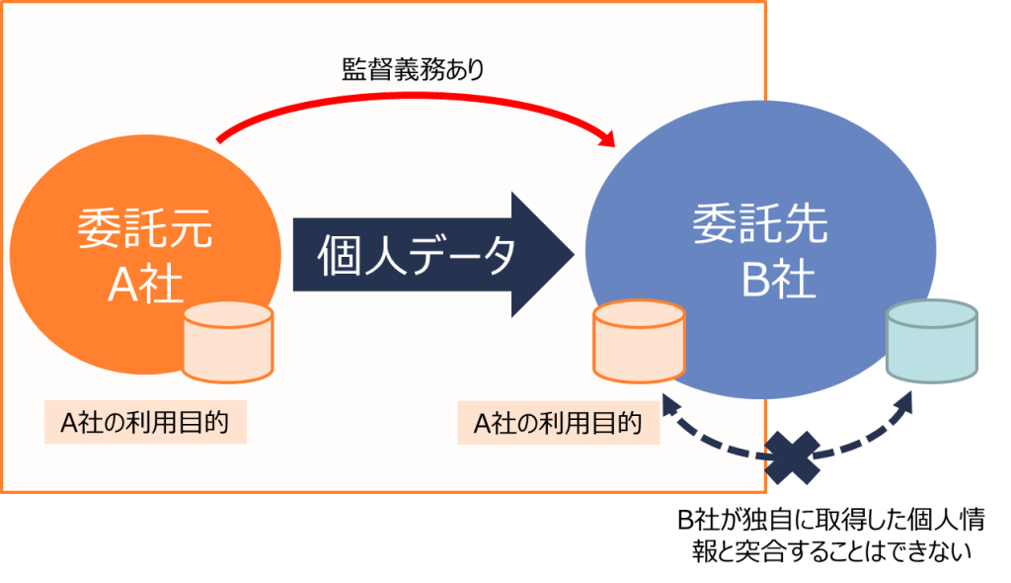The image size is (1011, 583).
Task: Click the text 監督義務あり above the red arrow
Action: [413, 70]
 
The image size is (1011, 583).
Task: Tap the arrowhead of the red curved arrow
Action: [607, 137]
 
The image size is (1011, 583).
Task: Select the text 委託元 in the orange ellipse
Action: [145, 228]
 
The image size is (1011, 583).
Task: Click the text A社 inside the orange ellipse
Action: [145, 284]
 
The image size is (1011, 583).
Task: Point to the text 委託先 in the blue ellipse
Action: [760, 224]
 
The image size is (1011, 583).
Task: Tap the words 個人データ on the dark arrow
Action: [417, 256]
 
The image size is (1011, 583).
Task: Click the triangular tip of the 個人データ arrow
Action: [573, 254]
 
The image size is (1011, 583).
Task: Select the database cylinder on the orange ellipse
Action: [228, 342]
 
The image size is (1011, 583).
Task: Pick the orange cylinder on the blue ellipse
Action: [639, 341]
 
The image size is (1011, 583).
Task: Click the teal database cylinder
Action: [932, 340]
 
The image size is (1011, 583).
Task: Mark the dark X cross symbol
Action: [793, 458]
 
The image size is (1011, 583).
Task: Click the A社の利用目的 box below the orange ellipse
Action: [146, 422]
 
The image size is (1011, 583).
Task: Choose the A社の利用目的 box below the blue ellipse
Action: [559, 423]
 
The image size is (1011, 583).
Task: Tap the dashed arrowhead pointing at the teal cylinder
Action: [904, 403]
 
